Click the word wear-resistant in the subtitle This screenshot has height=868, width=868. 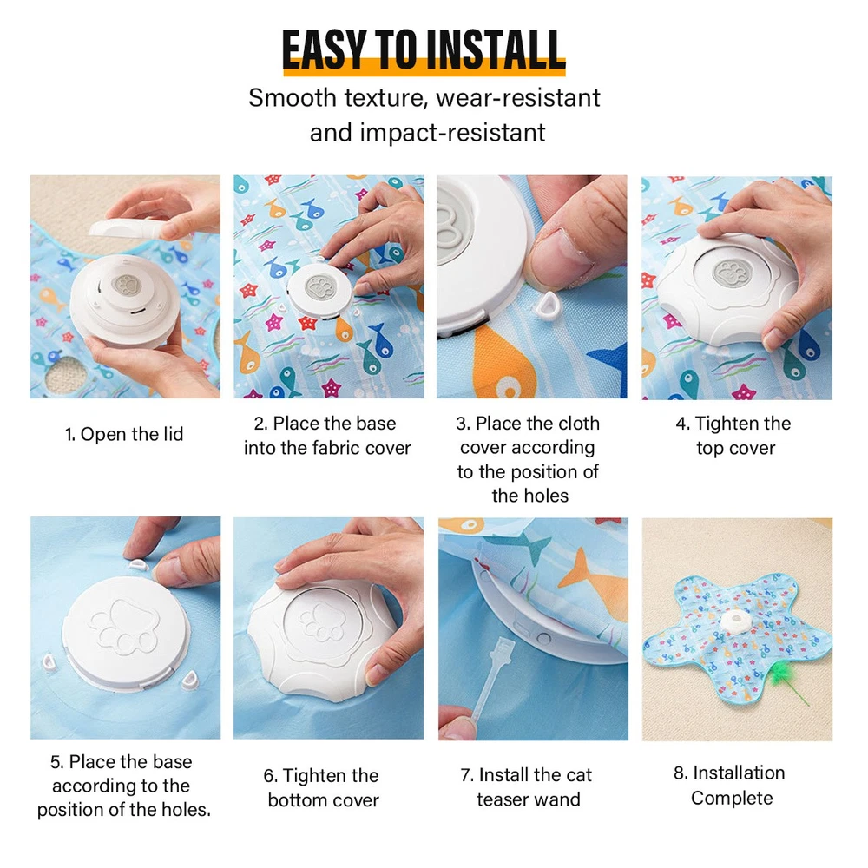click(517, 98)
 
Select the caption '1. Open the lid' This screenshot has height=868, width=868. click(124, 434)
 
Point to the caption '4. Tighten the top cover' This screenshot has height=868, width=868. click(734, 436)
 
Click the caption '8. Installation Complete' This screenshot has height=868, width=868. click(730, 786)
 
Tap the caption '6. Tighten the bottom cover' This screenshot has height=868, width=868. click(322, 788)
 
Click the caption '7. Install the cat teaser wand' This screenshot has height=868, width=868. click(527, 787)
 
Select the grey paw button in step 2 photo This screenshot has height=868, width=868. click(320, 288)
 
